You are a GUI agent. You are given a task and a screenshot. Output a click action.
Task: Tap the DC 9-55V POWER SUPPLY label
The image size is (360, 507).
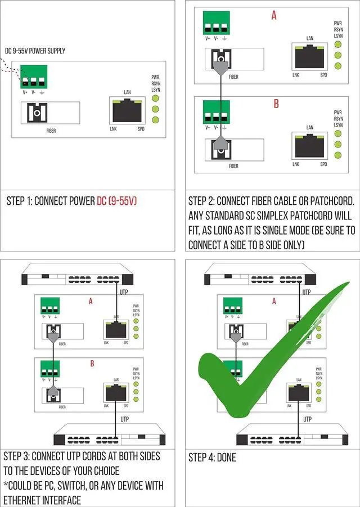[x=35, y=51]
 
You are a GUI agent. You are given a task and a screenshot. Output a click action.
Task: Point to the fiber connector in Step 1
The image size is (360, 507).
[x=37, y=113]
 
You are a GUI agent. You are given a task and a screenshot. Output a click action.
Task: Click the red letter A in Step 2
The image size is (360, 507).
[x=274, y=16]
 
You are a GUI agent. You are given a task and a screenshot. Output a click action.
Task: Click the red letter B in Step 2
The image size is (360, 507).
[x=276, y=104]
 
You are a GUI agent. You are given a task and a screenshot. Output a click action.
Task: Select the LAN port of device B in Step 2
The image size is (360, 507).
[x=309, y=146]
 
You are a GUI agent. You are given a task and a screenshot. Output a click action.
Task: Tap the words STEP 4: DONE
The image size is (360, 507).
[x=212, y=457]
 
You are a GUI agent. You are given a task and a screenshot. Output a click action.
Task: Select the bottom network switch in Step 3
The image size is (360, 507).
[x=109, y=437]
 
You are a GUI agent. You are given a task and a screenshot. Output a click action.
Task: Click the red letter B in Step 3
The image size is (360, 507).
[x=92, y=364]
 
